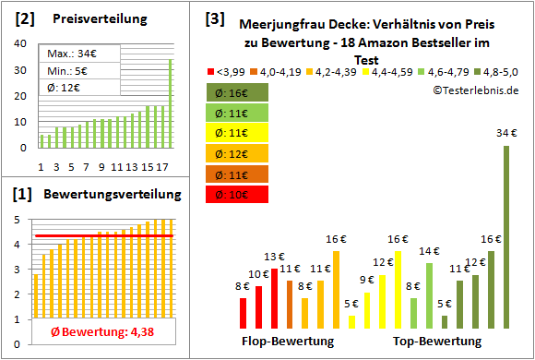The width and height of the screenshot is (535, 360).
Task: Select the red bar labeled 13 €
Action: tap(274, 298)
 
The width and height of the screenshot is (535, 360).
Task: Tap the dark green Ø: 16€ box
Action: tap(238, 92)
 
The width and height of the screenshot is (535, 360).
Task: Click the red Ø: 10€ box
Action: tap(238, 194)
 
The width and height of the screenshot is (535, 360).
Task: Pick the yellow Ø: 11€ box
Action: tap(238, 133)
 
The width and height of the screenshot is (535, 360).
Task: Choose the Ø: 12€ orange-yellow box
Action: tap(238, 153)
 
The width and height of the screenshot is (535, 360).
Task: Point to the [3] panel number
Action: tap(214, 18)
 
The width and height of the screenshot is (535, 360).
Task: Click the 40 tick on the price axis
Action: tap(19, 44)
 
